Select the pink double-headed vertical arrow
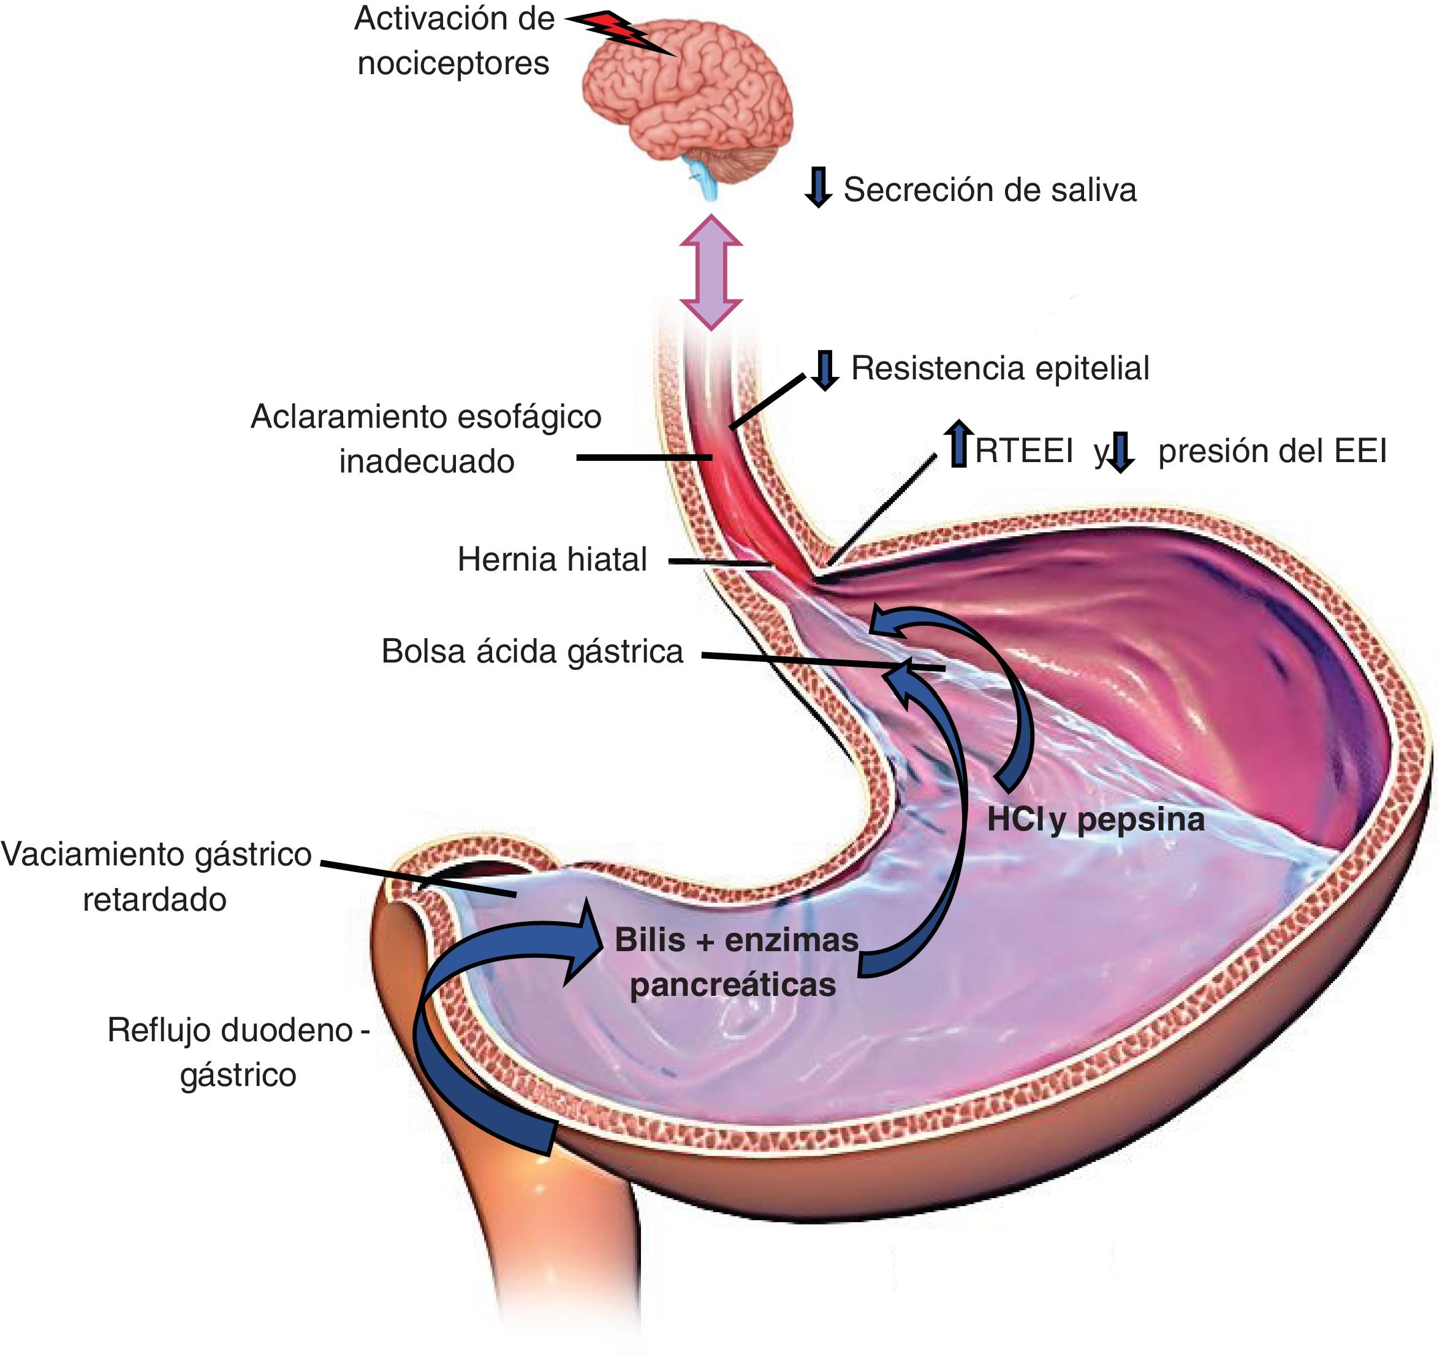point(710,271)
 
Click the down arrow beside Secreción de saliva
point(818,187)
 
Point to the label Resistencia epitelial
point(999,368)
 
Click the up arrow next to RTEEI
point(958,444)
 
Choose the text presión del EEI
point(1272,451)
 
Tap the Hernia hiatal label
point(552,560)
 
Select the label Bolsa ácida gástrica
point(533,651)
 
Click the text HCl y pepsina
point(1095,819)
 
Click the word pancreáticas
point(732,985)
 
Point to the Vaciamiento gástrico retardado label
point(156,876)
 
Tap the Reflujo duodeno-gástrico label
point(238,1052)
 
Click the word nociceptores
point(453,63)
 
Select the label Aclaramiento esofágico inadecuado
point(427,439)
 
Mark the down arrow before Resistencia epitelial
point(825,370)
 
